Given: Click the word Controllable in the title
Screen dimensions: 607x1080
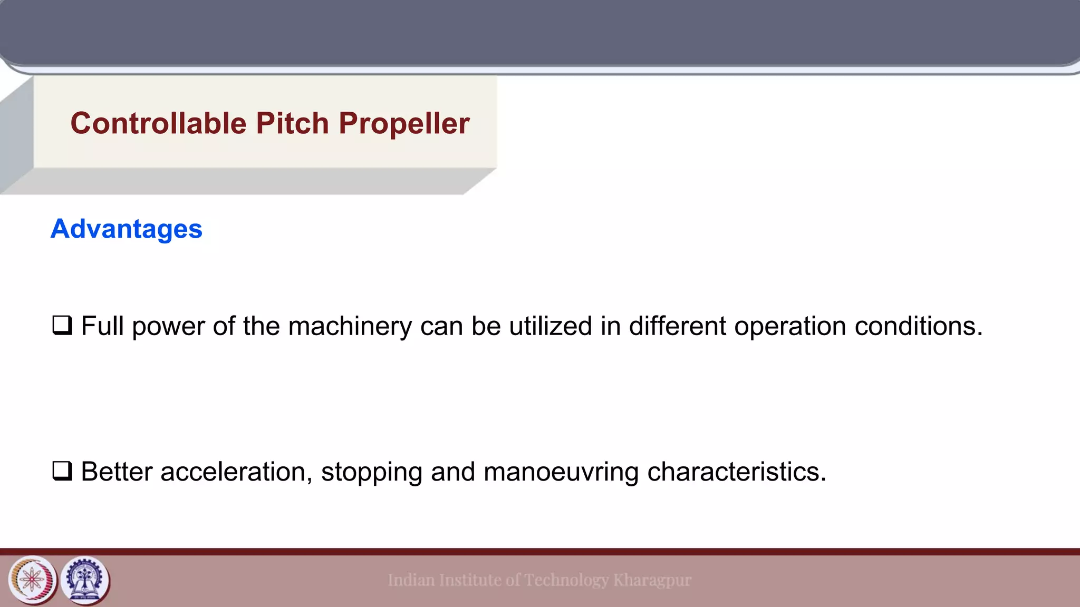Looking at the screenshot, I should tap(158, 123).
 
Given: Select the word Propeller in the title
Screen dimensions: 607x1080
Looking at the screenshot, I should tap(404, 123).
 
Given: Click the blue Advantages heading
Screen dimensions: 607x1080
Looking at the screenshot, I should tap(127, 229).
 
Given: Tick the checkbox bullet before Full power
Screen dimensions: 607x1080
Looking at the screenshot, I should tap(62, 325).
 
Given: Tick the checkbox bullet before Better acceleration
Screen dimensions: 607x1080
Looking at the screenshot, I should tap(62, 471).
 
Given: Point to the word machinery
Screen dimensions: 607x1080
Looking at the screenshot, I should tap(350, 326).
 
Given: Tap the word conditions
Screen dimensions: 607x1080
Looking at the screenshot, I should tap(919, 326).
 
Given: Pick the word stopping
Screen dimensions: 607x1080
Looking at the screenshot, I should tap(372, 472).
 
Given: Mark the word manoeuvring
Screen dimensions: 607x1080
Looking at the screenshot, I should tap(561, 472).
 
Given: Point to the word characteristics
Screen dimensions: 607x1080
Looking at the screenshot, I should tap(737, 472).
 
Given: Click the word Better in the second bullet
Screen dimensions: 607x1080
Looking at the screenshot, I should tap(117, 472).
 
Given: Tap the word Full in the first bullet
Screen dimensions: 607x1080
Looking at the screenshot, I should tap(103, 326).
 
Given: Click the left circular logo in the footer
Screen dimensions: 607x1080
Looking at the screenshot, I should tap(32, 580).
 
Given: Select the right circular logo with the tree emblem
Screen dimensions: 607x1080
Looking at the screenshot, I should tap(85, 580).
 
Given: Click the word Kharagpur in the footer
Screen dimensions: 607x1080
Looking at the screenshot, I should tap(652, 580).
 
